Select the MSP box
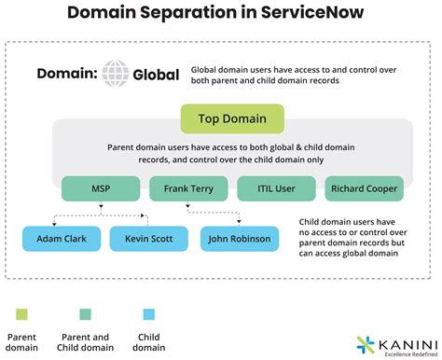[100, 189]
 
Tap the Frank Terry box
[188, 189]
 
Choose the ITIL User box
[275, 189]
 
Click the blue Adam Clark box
[61, 239]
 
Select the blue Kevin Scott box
[148, 239]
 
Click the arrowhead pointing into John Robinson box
[240, 224]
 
